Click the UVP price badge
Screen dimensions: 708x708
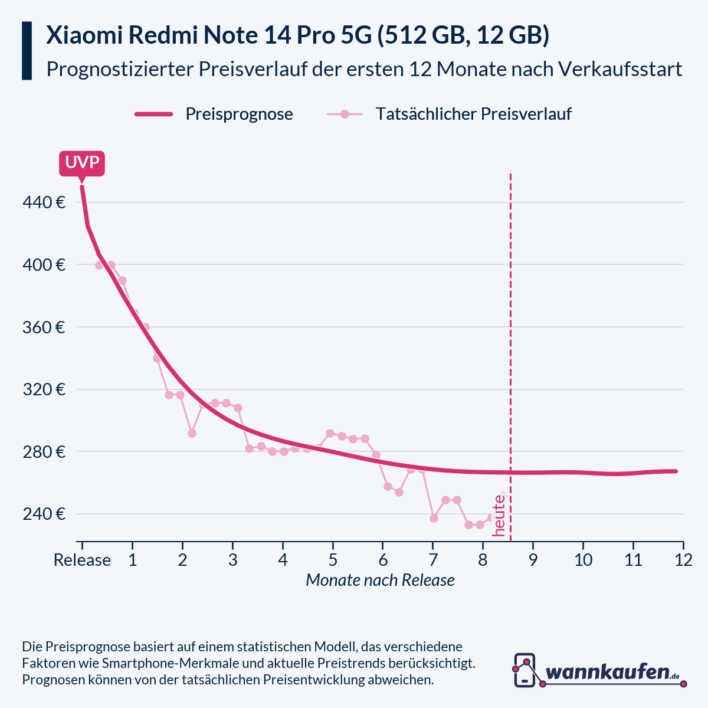point(81,163)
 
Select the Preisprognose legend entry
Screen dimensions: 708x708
point(239,114)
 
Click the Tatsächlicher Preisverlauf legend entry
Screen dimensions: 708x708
point(473,114)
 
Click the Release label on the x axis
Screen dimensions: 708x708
point(82,560)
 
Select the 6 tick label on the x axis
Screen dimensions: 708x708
point(383,560)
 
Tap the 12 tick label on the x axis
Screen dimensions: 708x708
point(683,560)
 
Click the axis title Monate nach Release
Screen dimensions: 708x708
point(380,581)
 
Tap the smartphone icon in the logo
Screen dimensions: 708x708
point(525,670)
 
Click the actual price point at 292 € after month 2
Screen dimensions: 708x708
point(192,433)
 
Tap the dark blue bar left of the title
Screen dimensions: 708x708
point(27,51)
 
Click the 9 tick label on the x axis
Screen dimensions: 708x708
point(533,560)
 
